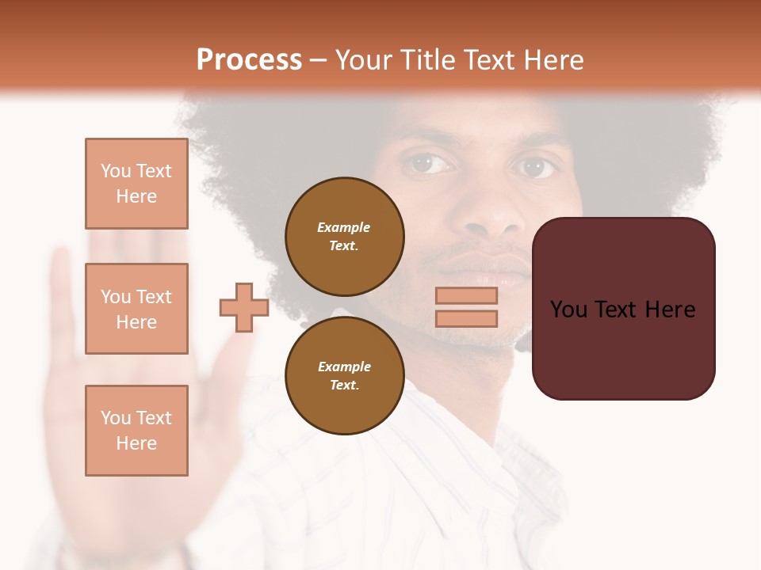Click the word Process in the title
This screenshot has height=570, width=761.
249,60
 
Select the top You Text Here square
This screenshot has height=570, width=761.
136,184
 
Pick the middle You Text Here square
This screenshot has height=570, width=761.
136,309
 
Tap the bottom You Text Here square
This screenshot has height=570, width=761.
136,431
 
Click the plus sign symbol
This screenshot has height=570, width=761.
244,307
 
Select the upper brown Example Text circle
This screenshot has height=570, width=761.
344,236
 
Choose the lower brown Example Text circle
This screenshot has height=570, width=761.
344,375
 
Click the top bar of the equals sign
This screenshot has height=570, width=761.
466,295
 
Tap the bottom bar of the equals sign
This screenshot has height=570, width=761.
466,318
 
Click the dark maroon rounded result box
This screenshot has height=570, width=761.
623,309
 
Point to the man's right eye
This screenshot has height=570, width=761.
429,164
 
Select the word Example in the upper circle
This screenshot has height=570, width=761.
344,227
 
